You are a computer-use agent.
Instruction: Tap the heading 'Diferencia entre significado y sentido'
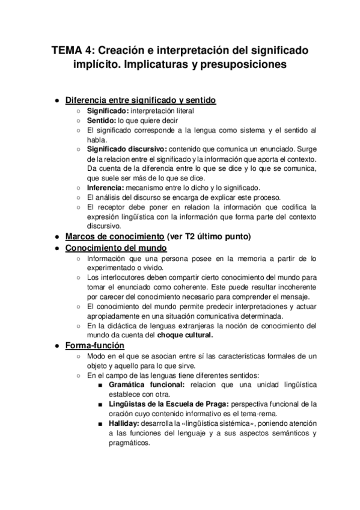point(141,100)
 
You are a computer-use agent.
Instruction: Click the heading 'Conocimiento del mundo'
point(116,248)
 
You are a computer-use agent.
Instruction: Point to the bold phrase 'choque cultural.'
point(186,335)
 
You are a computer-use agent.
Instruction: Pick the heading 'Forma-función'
point(94,346)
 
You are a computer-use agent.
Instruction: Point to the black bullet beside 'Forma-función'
point(56,346)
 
